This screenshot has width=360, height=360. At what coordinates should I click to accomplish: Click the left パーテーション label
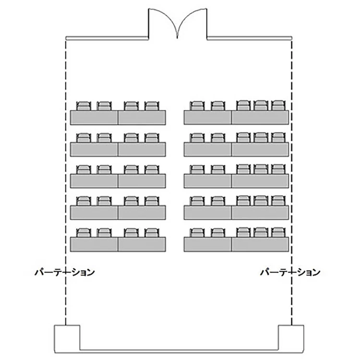pyautogui.click(x=65, y=272)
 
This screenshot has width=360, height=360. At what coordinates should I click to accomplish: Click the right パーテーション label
pyautogui.click(x=290, y=272)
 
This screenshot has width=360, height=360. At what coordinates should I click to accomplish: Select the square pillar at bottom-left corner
pyautogui.click(x=67, y=339)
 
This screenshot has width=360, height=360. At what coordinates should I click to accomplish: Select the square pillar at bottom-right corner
pyautogui.click(x=291, y=339)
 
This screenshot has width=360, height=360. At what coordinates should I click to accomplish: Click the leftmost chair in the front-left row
pyautogui.click(x=84, y=106)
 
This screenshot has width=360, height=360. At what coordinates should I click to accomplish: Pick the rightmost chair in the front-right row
pyautogui.click(x=278, y=105)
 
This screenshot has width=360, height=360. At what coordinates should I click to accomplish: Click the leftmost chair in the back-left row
pyautogui.click(x=84, y=233)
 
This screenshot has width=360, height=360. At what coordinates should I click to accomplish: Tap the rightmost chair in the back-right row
pyautogui.click(x=278, y=232)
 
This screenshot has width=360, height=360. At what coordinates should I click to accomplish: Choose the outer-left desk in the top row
pyautogui.click(x=94, y=118)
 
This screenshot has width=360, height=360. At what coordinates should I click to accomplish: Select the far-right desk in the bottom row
pyautogui.click(x=260, y=244)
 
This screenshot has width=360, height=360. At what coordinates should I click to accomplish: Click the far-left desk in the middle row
pyautogui.click(x=94, y=181)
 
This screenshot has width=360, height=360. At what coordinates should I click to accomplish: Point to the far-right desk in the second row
pyautogui.click(x=260, y=149)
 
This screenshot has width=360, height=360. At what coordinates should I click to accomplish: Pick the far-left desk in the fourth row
pyautogui.click(x=94, y=213)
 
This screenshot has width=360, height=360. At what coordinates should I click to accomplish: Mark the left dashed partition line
pyautogui.click(x=66, y=183)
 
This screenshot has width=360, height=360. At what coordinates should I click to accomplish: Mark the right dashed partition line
pyautogui.click(x=291, y=183)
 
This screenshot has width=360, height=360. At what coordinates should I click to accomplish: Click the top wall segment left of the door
pyautogui.click(x=107, y=38)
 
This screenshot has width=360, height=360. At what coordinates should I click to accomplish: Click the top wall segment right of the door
pyautogui.click(x=249, y=38)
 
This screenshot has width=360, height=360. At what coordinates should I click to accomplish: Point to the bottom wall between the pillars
pyautogui.click(x=179, y=351)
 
